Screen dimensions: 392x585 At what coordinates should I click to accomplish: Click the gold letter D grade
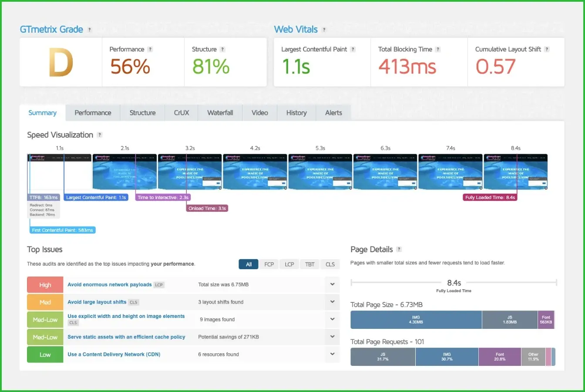61,63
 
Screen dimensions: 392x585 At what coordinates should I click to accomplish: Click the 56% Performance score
130,67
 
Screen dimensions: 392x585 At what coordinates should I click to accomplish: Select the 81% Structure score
211,67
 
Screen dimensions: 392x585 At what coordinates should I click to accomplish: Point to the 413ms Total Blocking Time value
407,67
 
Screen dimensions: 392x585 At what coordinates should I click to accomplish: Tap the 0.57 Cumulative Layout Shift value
495,67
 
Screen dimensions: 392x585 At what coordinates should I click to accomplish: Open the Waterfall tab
220,113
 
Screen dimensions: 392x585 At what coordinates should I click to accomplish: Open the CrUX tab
182,113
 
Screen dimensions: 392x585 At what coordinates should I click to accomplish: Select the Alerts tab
333,113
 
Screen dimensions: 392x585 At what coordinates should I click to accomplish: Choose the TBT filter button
309,264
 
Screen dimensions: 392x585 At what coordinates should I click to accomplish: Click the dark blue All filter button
249,264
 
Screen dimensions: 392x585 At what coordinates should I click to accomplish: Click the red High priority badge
45,285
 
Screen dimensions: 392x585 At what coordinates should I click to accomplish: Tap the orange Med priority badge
45,302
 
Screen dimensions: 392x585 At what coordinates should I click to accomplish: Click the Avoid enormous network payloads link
110,285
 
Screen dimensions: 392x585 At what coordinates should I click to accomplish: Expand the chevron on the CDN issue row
332,354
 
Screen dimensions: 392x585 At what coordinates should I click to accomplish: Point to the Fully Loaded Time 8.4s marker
490,198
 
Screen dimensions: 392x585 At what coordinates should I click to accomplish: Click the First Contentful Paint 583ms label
63,230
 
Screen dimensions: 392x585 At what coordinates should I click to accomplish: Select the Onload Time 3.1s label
207,209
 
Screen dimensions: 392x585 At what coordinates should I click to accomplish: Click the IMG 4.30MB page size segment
416,320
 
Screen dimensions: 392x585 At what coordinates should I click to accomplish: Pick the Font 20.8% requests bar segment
500,357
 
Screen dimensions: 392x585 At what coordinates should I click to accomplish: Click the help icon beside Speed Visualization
100,135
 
